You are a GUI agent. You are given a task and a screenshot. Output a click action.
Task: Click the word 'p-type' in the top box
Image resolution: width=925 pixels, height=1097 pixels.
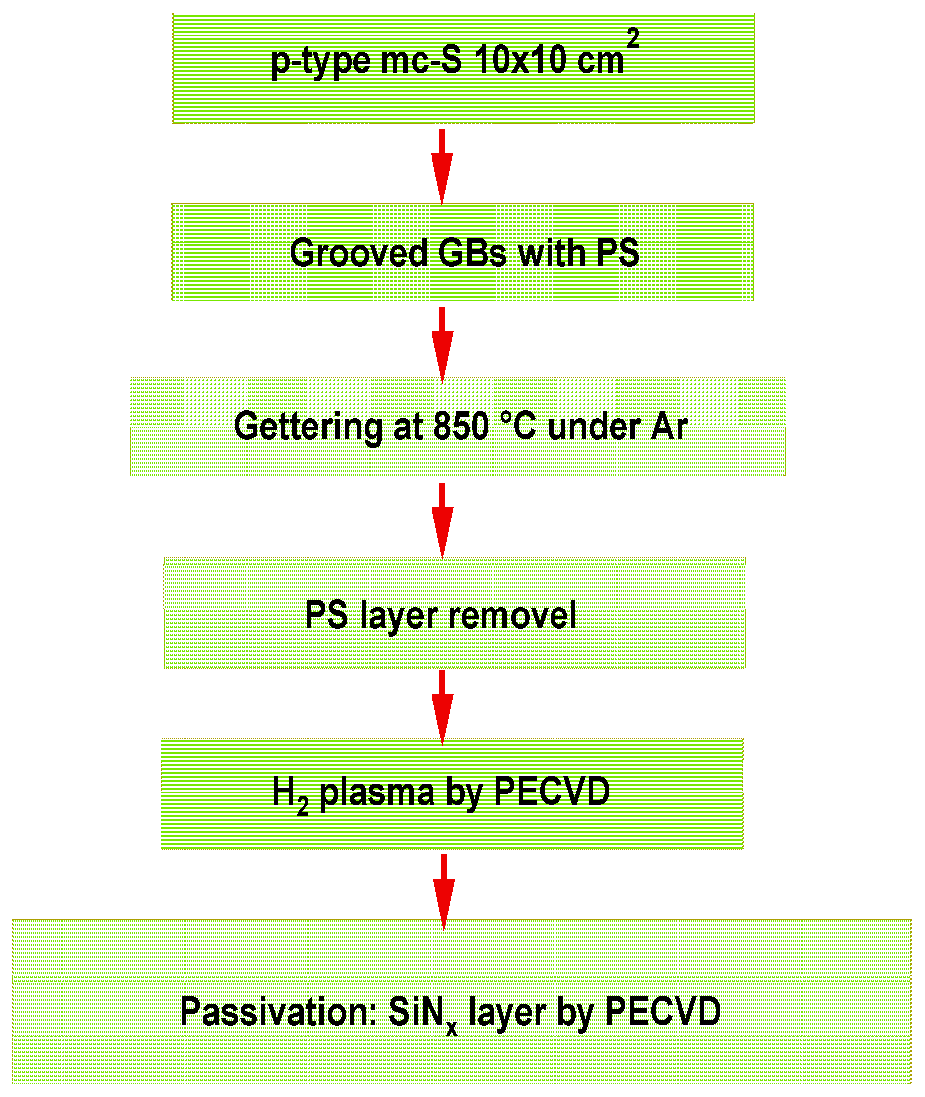320,62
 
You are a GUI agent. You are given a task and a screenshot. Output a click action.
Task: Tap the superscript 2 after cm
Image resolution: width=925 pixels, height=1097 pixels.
633,39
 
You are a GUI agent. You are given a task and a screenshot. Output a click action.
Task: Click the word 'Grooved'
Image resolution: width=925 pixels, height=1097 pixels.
359,253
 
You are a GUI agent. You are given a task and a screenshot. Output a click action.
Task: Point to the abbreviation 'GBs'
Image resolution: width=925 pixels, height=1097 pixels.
473,253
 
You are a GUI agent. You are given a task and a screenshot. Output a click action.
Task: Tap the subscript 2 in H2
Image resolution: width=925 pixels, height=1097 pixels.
303,805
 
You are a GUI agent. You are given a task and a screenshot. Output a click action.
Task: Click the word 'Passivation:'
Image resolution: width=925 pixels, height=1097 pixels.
278,1012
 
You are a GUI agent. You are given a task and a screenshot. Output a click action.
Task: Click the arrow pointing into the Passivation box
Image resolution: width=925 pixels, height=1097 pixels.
444,892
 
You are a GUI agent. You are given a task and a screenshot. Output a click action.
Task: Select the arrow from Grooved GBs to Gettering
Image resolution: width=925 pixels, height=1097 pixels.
442,344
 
